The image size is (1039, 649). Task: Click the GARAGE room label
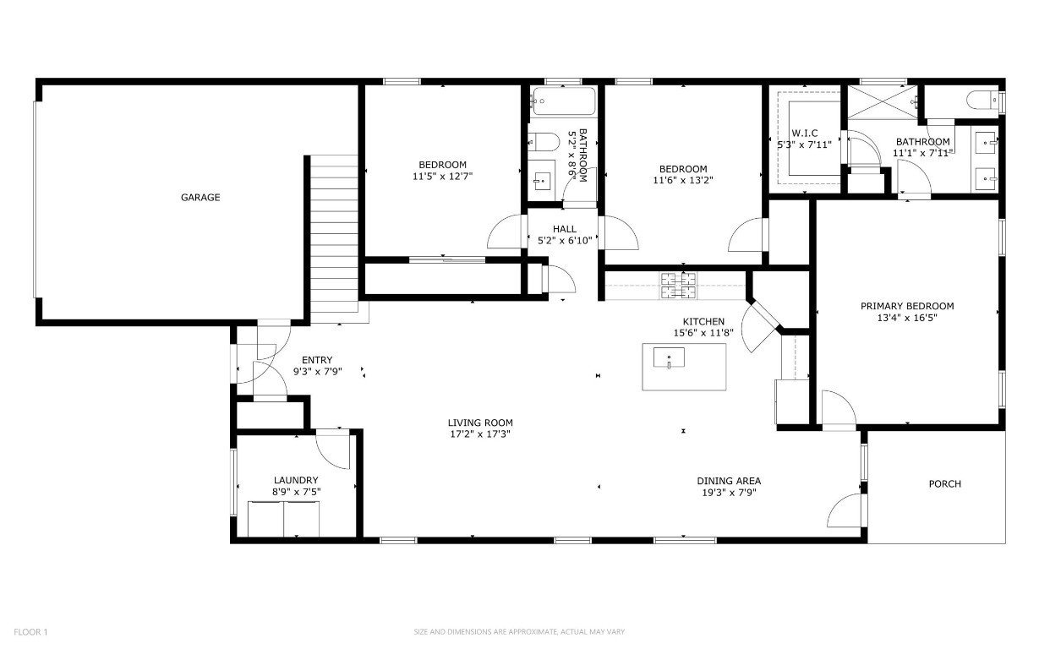tap(200, 198)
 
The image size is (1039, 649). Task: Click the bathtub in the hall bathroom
tap(564, 102)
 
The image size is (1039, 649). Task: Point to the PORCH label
tap(944, 484)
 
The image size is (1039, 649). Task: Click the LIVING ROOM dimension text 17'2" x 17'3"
tap(480, 434)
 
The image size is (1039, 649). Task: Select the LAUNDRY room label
tap(295, 480)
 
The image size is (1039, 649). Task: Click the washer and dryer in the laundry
tap(283, 519)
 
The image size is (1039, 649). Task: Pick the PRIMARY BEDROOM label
tap(907, 306)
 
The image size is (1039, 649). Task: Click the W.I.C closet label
tap(804, 134)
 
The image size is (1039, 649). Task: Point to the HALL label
tap(564, 229)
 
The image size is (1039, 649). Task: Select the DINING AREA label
tap(728, 481)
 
